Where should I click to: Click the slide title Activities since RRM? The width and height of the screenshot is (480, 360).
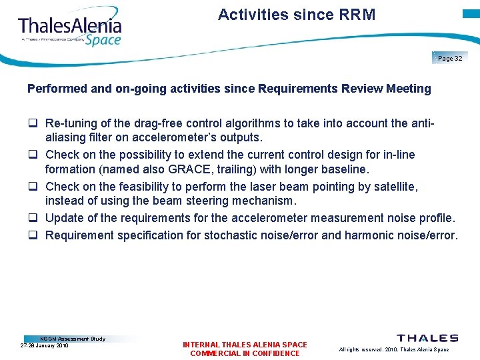tap(297, 15)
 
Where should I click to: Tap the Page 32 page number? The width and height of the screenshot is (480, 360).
tap(450, 59)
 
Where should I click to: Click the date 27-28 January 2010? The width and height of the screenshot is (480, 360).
tap(44, 346)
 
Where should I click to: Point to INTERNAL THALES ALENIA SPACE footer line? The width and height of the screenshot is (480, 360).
tap(245, 345)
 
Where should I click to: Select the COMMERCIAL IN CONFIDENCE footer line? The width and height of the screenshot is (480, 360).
tap(245, 353)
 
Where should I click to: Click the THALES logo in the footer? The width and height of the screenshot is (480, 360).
tap(427, 339)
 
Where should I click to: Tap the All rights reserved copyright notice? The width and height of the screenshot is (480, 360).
tap(393, 349)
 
